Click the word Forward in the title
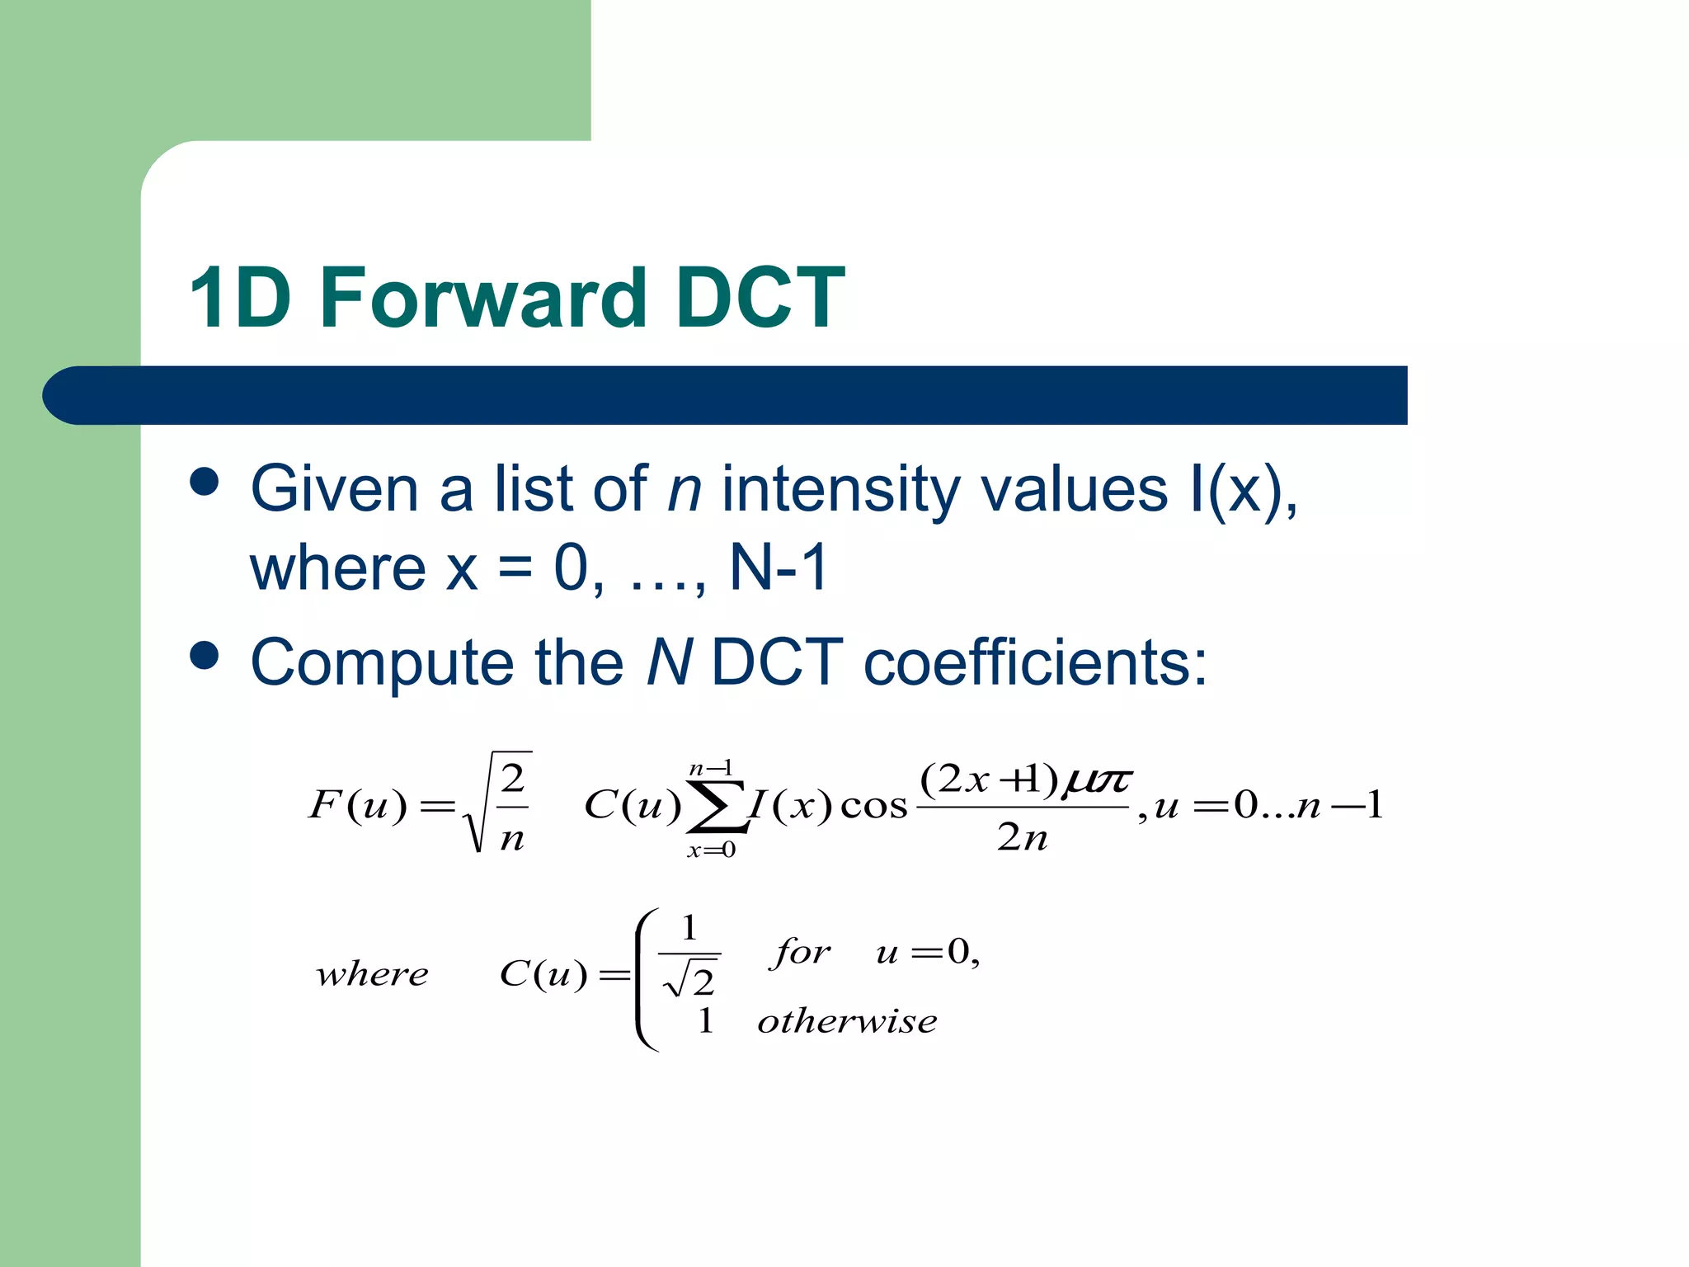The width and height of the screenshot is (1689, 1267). [482, 299]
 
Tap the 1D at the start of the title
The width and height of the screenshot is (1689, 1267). [239, 299]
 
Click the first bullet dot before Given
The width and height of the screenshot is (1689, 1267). [205, 482]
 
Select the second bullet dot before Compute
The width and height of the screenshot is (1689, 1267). [205, 656]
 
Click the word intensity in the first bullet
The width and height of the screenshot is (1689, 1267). [841, 490]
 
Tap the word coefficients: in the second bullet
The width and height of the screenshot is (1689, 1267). [1035, 662]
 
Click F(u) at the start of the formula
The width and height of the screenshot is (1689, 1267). [358, 805]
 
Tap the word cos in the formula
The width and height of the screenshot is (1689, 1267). [873, 807]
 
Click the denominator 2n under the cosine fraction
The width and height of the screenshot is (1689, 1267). [1022, 838]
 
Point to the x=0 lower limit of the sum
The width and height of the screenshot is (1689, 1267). [711, 850]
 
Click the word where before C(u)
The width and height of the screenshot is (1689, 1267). [372, 975]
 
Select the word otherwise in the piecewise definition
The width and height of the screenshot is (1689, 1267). [847, 1022]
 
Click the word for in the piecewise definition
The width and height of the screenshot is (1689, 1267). [800, 953]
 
